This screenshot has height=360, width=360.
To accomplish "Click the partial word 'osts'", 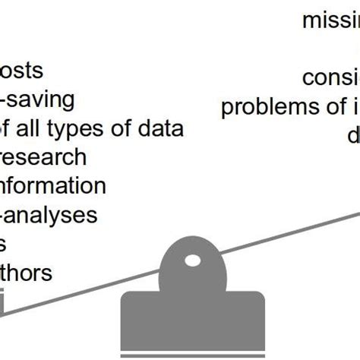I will click(x=21, y=71).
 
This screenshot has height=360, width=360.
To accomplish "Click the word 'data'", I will click(x=159, y=129).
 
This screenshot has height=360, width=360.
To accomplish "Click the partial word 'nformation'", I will click(x=52, y=186).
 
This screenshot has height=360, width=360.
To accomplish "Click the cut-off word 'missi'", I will click(x=330, y=21).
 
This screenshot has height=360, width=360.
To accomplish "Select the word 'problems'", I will click(x=265, y=107).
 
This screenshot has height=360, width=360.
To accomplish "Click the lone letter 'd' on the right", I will click(x=353, y=136).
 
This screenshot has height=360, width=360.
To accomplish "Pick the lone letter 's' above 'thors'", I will click(x=3, y=245).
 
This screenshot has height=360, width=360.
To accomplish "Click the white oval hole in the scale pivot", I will click(x=193, y=261).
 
